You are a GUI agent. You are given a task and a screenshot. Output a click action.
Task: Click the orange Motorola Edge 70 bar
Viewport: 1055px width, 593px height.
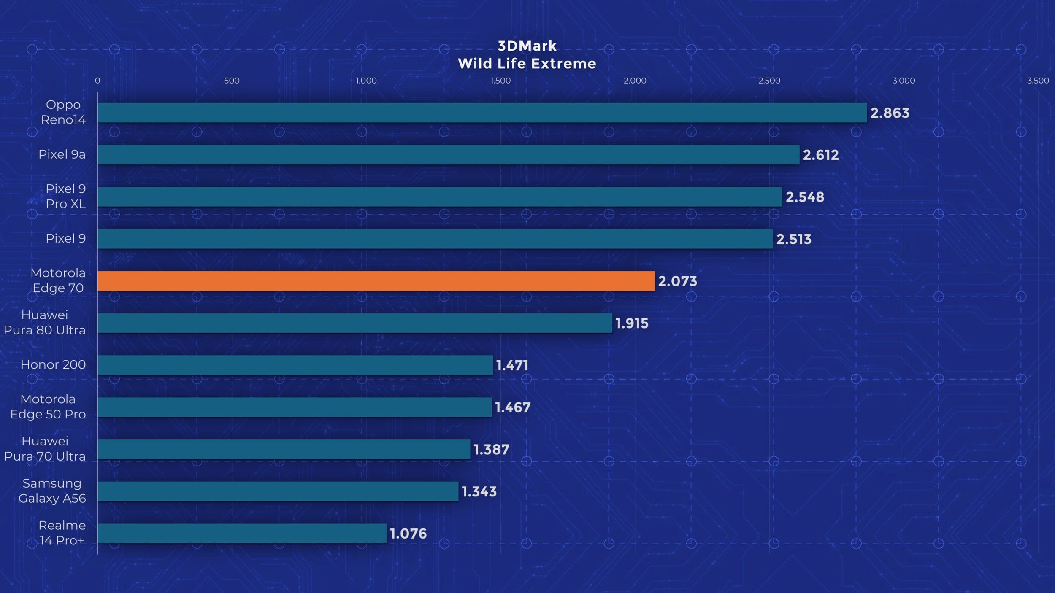[x=376, y=281]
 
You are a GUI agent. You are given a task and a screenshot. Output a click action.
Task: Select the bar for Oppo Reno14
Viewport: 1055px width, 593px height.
[x=482, y=113]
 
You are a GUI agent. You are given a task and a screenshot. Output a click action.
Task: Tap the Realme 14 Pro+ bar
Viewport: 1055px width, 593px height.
[x=242, y=534]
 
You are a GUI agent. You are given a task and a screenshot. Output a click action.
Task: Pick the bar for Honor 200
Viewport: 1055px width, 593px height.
[x=295, y=365]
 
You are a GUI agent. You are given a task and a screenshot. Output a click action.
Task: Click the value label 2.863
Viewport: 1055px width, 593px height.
[x=890, y=113]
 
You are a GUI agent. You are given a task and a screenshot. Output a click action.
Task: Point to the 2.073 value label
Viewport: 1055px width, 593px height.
[x=677, y=281]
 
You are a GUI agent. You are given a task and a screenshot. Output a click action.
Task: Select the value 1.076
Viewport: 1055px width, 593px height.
[x=408, y=534]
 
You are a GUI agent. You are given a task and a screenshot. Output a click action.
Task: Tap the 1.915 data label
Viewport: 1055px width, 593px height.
[x=632, y=323]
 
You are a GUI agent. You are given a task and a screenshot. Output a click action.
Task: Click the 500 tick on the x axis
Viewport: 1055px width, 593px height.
[x=232, y=81]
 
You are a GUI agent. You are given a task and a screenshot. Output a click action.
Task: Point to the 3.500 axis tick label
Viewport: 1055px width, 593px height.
[x=1038, y=81]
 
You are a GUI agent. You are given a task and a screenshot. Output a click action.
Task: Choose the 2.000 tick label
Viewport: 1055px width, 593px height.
[x=635, y=81]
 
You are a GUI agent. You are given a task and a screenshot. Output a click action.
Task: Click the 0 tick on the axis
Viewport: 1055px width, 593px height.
[x=97, y=81]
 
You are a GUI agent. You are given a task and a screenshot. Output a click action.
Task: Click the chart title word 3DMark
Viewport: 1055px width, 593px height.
[x=527, y=46]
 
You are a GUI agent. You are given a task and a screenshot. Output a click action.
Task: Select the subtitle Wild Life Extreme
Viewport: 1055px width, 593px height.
[x=527, y=64]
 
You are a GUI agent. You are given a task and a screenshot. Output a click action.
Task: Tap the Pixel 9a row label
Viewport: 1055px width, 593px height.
[x=62, y=154]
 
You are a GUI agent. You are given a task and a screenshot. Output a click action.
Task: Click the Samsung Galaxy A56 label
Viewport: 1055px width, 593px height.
[x=52, y=491]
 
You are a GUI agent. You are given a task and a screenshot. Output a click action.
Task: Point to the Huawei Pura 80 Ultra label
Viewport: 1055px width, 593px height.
[x=45, y=323]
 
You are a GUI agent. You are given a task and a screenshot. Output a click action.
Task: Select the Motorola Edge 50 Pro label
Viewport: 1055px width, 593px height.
[x=48, y=407]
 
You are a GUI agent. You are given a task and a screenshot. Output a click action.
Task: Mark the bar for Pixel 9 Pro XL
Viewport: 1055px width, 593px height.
[x=440, y=197]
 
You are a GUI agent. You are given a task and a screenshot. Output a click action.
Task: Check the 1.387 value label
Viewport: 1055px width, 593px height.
[x=491, y=450]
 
